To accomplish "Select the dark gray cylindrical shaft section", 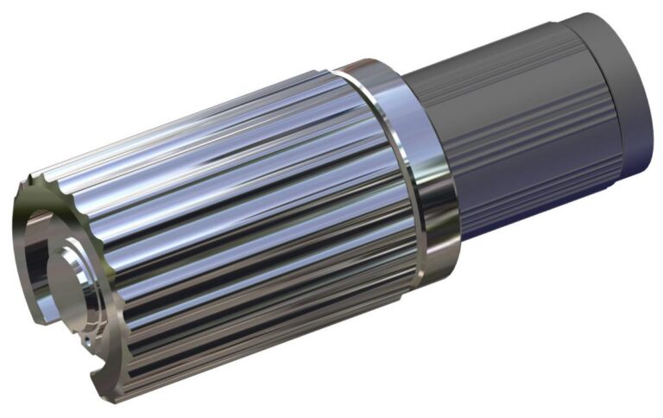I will coord(501,130).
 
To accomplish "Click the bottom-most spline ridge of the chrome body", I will coord(259,363).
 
